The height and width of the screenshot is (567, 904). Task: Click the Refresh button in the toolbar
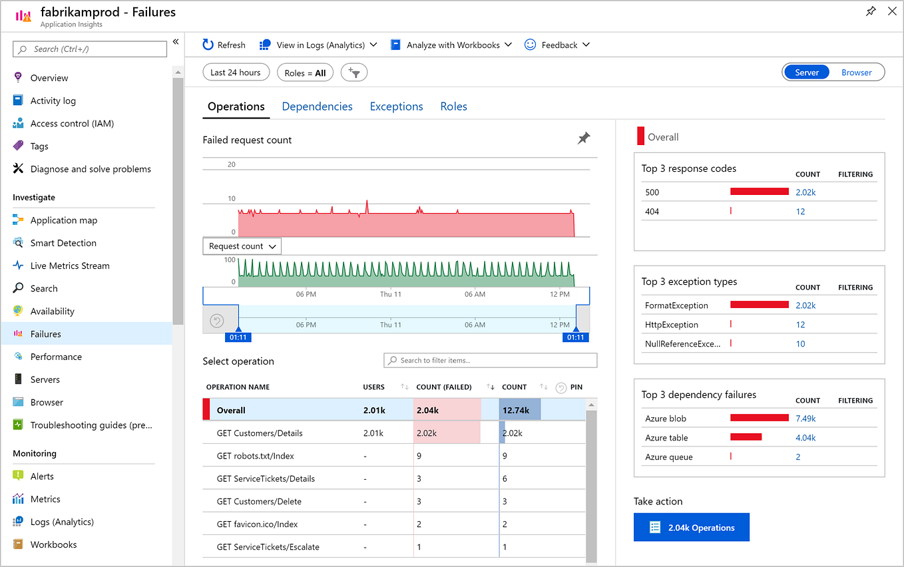click(224, 45)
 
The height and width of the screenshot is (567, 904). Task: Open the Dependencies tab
click(317, 106)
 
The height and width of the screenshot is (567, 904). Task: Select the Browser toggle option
click(856, 73)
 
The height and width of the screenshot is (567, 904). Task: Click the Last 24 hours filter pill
click(236, 73)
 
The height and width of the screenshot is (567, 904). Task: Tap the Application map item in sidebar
click(63, 220)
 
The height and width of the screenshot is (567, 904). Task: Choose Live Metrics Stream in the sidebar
click(70, 266)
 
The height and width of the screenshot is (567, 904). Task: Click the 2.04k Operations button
click(691, 528)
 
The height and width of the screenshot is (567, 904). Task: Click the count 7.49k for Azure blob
click(805, 419)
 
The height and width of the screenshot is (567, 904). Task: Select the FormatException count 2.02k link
click(805, 305)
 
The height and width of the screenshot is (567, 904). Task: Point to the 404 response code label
click(652, 212)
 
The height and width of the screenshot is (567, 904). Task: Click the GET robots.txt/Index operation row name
click(255, 456)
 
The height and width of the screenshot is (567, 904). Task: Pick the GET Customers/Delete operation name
click(259, 501)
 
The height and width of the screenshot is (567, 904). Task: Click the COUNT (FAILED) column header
click(443, 387)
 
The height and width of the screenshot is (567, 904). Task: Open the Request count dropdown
click(242, 246)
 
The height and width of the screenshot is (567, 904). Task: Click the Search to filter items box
click(491, 361)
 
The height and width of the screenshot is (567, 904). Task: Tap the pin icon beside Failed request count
click(584, 138)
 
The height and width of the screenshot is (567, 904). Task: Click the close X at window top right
click(892, 11)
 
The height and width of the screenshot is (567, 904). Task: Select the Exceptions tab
click(396, 106)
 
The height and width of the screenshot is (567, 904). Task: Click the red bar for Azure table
click(746, 437)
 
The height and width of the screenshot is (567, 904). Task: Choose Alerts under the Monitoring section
click(42, 476)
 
